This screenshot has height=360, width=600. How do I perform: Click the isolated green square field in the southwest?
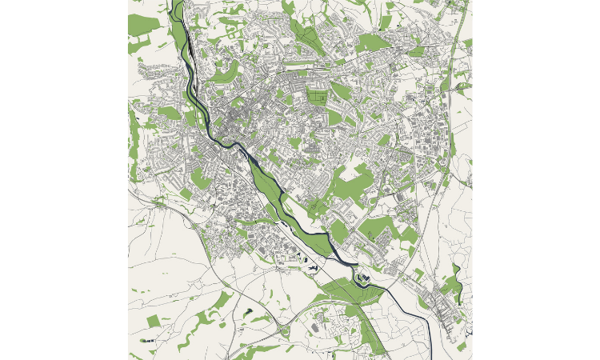point(153,321)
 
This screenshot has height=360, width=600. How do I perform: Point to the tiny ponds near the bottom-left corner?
point(144,341)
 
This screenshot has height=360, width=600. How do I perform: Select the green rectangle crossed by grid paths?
point(317,98)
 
